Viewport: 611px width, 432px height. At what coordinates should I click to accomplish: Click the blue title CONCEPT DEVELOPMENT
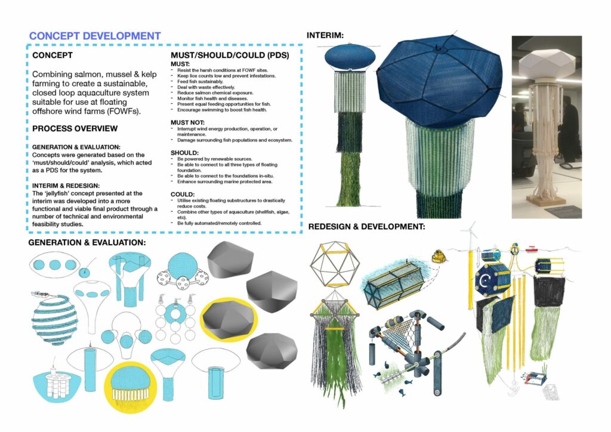pyautogui.click(x=95, y=36)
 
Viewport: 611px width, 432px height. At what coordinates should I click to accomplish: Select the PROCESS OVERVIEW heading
pyautogui.click(x=75, y=128)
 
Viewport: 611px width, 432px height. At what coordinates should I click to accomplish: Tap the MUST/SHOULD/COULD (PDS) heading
pyautogui.click(x=230, y=55)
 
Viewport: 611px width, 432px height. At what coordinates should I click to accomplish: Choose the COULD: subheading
pyautogui.click(x=183, y=195)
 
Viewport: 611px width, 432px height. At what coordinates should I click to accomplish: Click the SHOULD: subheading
pyautogui.click(x=185, y=153)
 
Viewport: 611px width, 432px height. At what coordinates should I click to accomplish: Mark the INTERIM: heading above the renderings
pyautogui.click(x=325, y=35)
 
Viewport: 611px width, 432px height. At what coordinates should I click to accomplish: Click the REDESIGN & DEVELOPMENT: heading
pyautogui.click(x=367, y=227)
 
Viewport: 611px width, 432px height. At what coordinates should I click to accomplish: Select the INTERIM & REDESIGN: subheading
pyautogui.click(x=66, y=186)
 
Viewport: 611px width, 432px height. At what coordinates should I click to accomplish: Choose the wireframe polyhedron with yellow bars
pyautogui.click(x=335, y=264)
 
